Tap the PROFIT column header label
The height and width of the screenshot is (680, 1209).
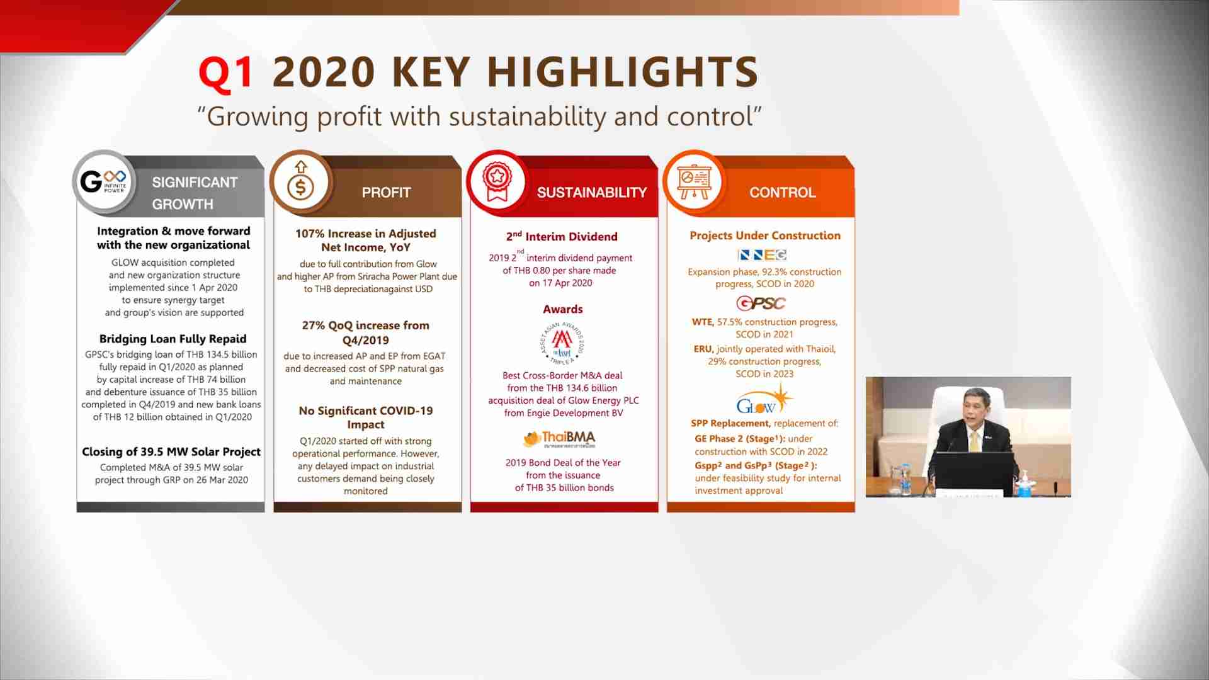[386, 193]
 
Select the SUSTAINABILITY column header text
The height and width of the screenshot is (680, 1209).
[592, 193]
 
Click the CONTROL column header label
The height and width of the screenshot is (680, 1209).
[783, 193]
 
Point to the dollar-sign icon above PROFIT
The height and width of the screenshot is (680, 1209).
[301, 183]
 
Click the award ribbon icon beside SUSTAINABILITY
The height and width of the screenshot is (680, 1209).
[497, 183]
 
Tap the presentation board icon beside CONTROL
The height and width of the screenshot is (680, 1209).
[694, 183]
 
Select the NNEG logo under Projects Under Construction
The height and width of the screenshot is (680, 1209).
[762, 255]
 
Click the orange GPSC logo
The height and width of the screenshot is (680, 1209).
[761, 303]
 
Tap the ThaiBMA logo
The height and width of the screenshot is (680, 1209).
[560, 438]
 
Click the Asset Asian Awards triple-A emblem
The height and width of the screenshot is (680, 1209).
[562, 344]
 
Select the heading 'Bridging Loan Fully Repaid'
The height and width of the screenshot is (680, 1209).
[173, 339]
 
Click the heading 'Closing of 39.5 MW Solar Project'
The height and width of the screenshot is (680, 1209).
[171, 451]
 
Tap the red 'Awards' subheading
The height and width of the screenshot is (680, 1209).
[563, 309]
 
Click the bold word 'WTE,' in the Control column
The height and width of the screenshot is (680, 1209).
[703, 322]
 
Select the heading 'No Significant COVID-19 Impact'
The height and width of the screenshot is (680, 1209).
[366, 417]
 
